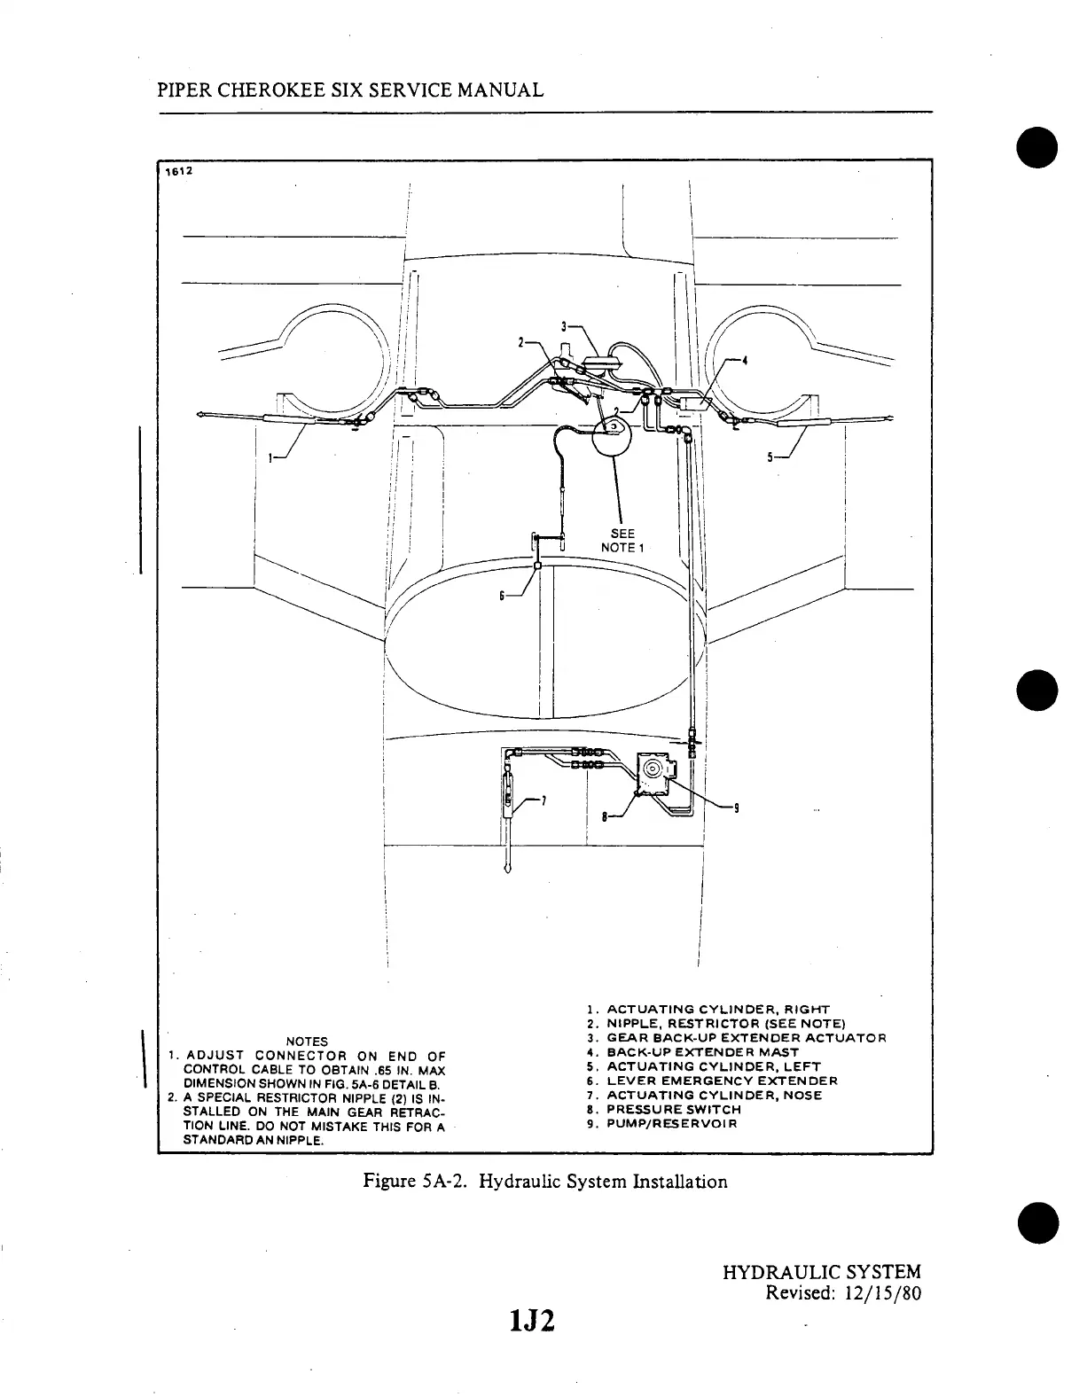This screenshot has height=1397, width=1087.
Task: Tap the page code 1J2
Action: coord(532,1321)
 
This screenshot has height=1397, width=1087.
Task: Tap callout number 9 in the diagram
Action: coord(737,807)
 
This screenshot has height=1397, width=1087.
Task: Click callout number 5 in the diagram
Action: coord(771,457)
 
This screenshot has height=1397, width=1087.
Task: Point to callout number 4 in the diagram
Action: coord(745,361)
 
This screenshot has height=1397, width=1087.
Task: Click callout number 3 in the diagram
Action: coord(564,326)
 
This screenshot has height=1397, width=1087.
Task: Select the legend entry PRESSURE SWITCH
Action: coord(673,1109)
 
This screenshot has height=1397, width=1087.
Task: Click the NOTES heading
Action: coord(307,1041)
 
